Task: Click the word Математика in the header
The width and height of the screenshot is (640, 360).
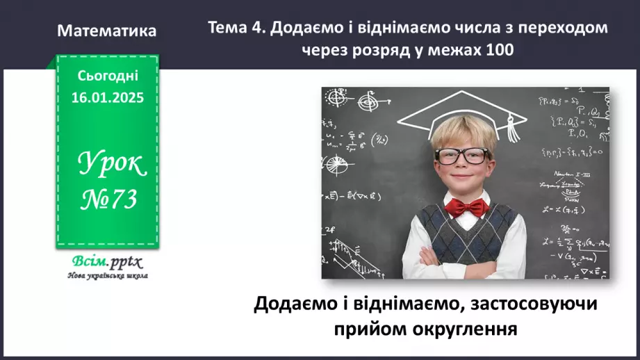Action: coord(107,31)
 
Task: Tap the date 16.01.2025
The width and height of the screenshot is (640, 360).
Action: coord(107,98)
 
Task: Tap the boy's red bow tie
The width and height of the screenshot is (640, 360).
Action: coord(465,206)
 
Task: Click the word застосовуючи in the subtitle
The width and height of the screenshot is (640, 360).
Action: coord(534,304)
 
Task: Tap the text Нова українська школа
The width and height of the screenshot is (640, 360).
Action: coord(107,275)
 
